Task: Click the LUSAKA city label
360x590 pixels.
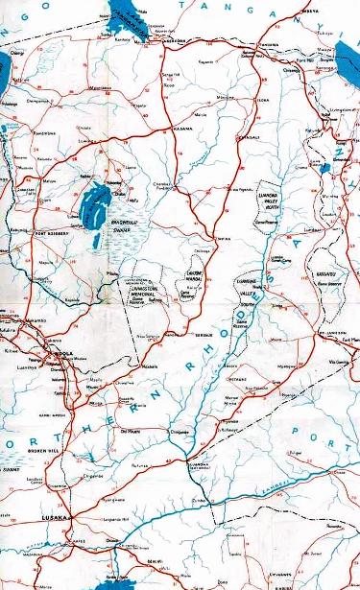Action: point(53,517)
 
